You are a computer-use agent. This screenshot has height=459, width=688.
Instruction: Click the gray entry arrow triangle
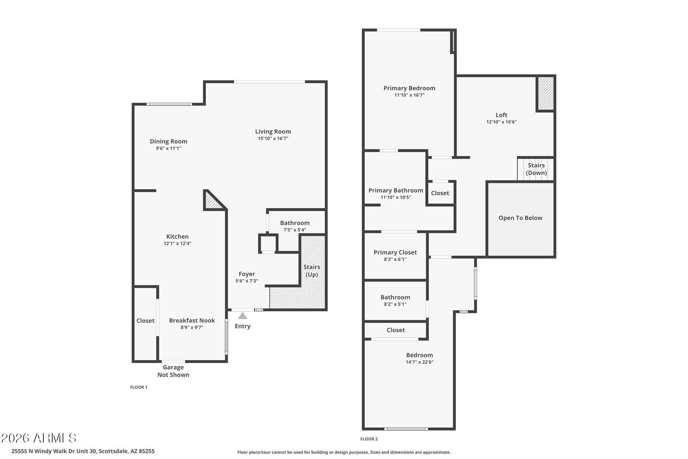coord(243,316)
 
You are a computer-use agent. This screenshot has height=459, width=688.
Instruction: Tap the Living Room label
coord(273,131)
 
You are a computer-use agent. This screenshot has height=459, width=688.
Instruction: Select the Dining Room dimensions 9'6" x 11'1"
coord(168,148)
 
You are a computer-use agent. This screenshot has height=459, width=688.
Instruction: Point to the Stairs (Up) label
coord(311,271)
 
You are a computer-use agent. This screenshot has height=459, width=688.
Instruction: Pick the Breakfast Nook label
coord(192,320)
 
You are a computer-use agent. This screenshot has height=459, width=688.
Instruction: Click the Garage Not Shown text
coord(173,371)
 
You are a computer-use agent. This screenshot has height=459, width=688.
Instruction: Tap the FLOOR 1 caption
coord(139,387)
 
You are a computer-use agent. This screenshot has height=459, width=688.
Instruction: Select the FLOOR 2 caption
coord(369,439)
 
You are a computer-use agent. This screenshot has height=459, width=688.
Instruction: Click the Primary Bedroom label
coord(409,88)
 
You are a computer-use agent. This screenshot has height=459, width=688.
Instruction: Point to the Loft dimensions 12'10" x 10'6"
coord(501,122)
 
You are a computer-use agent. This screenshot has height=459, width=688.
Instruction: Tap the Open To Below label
coord(520,218)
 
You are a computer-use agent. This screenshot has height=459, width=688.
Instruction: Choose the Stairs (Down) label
coord(536,169)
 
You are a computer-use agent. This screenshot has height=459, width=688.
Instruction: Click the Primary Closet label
coord(395,252)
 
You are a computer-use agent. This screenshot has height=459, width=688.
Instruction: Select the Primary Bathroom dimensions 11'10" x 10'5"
coord(395,197)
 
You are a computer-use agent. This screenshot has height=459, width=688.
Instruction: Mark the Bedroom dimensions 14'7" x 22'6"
coord(419,362)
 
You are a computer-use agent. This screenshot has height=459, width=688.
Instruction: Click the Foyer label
coord(247,274)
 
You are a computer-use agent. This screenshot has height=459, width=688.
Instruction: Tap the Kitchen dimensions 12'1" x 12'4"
coord(177,243)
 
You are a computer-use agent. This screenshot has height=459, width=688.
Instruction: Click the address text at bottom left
coord(83,451)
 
